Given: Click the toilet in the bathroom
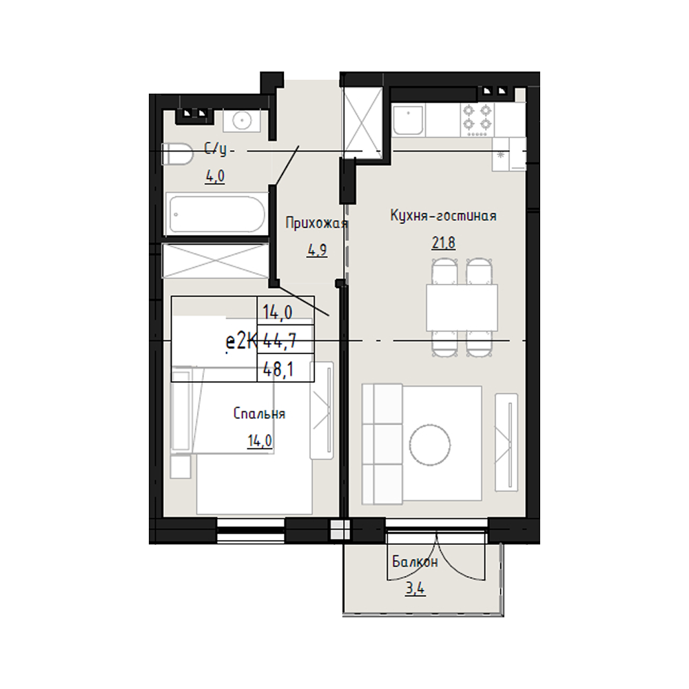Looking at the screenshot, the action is [178, 154].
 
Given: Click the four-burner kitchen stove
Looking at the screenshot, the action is [477, 119].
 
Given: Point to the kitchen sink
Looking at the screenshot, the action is [409, 120].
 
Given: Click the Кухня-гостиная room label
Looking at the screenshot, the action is [443, 216].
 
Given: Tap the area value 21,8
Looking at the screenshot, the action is [443, 242].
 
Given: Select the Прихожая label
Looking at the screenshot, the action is [317, 223].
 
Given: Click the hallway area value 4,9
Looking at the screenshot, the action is [317, 251].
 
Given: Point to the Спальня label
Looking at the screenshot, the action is [259, 413].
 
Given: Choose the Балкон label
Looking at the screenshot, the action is [415, 562].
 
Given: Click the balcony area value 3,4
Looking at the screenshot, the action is [415, 588].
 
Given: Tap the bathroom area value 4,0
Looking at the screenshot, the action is [215, 176].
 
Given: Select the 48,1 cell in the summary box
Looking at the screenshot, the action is [278, 369].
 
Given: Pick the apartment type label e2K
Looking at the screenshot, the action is [240, 342].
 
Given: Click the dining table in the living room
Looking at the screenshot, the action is [462, 307].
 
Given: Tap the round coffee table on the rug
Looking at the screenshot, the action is [430, 444].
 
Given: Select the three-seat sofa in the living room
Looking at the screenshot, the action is [382, 444].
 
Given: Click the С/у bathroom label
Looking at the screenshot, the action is [216, 150].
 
